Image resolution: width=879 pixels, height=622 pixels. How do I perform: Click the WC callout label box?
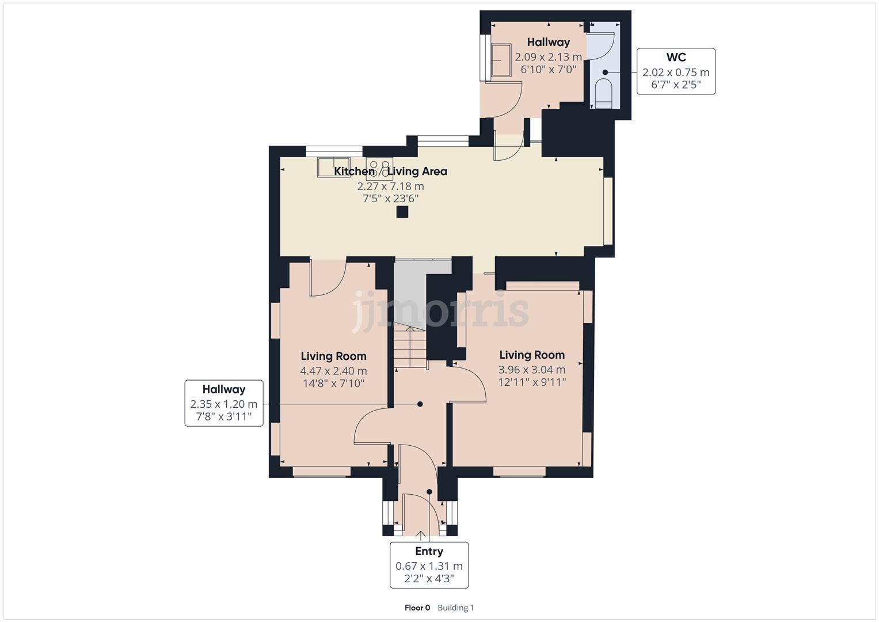pos(676,71)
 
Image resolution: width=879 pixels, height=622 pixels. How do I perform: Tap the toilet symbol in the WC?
pos(603,92)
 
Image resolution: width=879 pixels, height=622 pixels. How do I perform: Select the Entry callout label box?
pos(429,565)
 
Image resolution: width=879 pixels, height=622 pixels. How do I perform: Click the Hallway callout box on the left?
pos(223,403)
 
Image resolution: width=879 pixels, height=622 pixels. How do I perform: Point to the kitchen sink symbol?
pos(333,166)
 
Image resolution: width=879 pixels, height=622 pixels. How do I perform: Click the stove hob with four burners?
pos(380,169)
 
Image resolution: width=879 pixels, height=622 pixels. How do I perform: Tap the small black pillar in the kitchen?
pos(402,211)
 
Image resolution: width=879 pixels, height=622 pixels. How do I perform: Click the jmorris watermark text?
pos(440,311)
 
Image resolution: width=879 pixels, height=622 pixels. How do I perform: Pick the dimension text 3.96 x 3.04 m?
pos(531,370)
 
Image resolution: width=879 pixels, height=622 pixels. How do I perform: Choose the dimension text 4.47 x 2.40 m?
pos(333,371)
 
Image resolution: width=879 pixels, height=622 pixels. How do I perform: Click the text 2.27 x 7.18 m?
pos(390,186)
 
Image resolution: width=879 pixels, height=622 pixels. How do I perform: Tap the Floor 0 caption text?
pos(417,608)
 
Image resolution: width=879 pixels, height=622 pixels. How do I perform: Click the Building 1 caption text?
pos(455,608)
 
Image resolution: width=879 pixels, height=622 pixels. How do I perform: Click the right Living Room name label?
pos(531,355)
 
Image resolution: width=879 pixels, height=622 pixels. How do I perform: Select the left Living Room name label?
pos(333,356)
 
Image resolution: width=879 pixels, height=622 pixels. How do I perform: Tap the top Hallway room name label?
pos(548,42)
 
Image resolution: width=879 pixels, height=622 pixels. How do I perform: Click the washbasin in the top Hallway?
pos(500,60)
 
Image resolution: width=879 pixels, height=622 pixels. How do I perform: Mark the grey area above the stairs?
pos(410,291)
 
